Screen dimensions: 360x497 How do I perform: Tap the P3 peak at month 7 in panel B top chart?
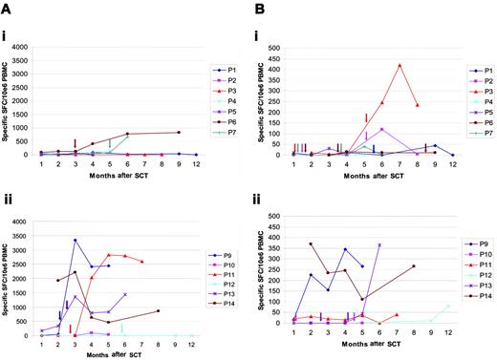point(400,65)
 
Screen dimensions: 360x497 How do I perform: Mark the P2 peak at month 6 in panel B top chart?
point(381,129)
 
